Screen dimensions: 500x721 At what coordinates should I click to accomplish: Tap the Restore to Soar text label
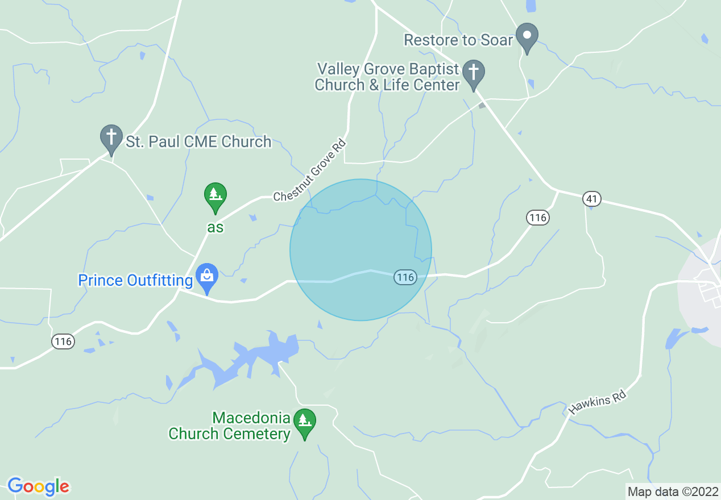tap(458, 40)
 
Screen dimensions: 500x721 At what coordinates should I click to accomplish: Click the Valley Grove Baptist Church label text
tap(388, 77)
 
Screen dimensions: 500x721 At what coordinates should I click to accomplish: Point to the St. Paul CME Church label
tap(198, 141)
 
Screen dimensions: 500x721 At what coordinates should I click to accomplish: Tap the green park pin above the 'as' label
tap(215, 197)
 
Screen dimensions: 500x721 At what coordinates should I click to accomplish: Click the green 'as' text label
tap(215, 227)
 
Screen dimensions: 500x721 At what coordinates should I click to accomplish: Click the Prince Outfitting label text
tap(135, 281)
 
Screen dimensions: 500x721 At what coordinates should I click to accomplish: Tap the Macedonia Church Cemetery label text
tap(229, 426)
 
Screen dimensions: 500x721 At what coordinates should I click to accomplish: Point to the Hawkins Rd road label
tap(597, 404)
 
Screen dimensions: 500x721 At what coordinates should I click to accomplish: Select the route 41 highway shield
tap(592, 199)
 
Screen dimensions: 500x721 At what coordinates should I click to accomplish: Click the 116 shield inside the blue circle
tap(405, 277)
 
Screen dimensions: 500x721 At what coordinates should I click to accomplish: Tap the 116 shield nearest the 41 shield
tap(537, 217)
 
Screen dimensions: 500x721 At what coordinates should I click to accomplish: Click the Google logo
tap(38, 486)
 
